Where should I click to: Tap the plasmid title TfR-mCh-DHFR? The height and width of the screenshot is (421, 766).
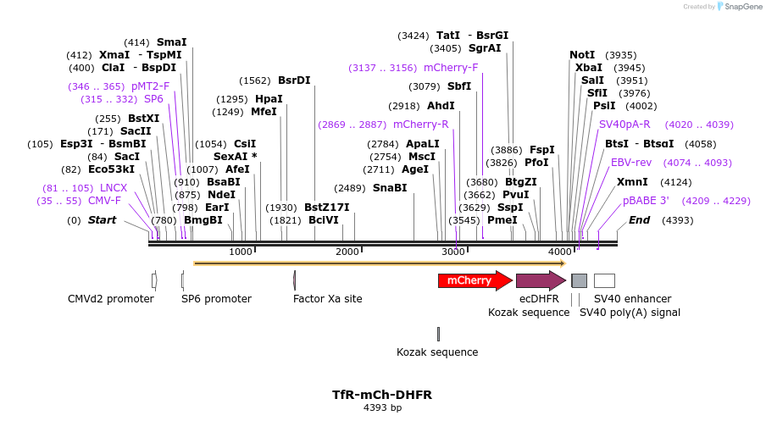[382, 395]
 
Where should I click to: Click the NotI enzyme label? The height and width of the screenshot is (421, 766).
[582, 55]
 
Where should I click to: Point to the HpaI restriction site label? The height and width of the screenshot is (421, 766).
[269, 99]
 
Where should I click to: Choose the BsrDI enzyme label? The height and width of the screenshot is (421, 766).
[294, 80]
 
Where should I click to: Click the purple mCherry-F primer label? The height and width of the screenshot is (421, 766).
[451, 68]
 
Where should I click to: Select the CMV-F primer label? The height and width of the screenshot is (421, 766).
[104, 201]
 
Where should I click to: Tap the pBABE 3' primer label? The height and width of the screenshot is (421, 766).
[646, 201]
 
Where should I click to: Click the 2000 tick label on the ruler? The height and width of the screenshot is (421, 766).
[347, 252]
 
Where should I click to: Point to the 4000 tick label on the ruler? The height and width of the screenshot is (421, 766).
[560, 252]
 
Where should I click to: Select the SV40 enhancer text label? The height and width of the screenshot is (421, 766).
[632, 299]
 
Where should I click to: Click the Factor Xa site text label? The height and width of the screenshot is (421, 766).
[327, 299]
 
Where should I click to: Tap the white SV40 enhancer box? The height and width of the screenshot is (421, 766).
[604, 280]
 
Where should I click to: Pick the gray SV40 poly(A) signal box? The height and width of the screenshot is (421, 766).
[579, 280]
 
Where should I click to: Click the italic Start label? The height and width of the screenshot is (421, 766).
[102, 220]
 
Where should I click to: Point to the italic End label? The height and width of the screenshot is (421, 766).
[639, 220]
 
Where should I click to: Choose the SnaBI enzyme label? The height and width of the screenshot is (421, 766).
[390, 188]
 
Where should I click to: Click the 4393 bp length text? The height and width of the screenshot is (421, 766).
[382, 408]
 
